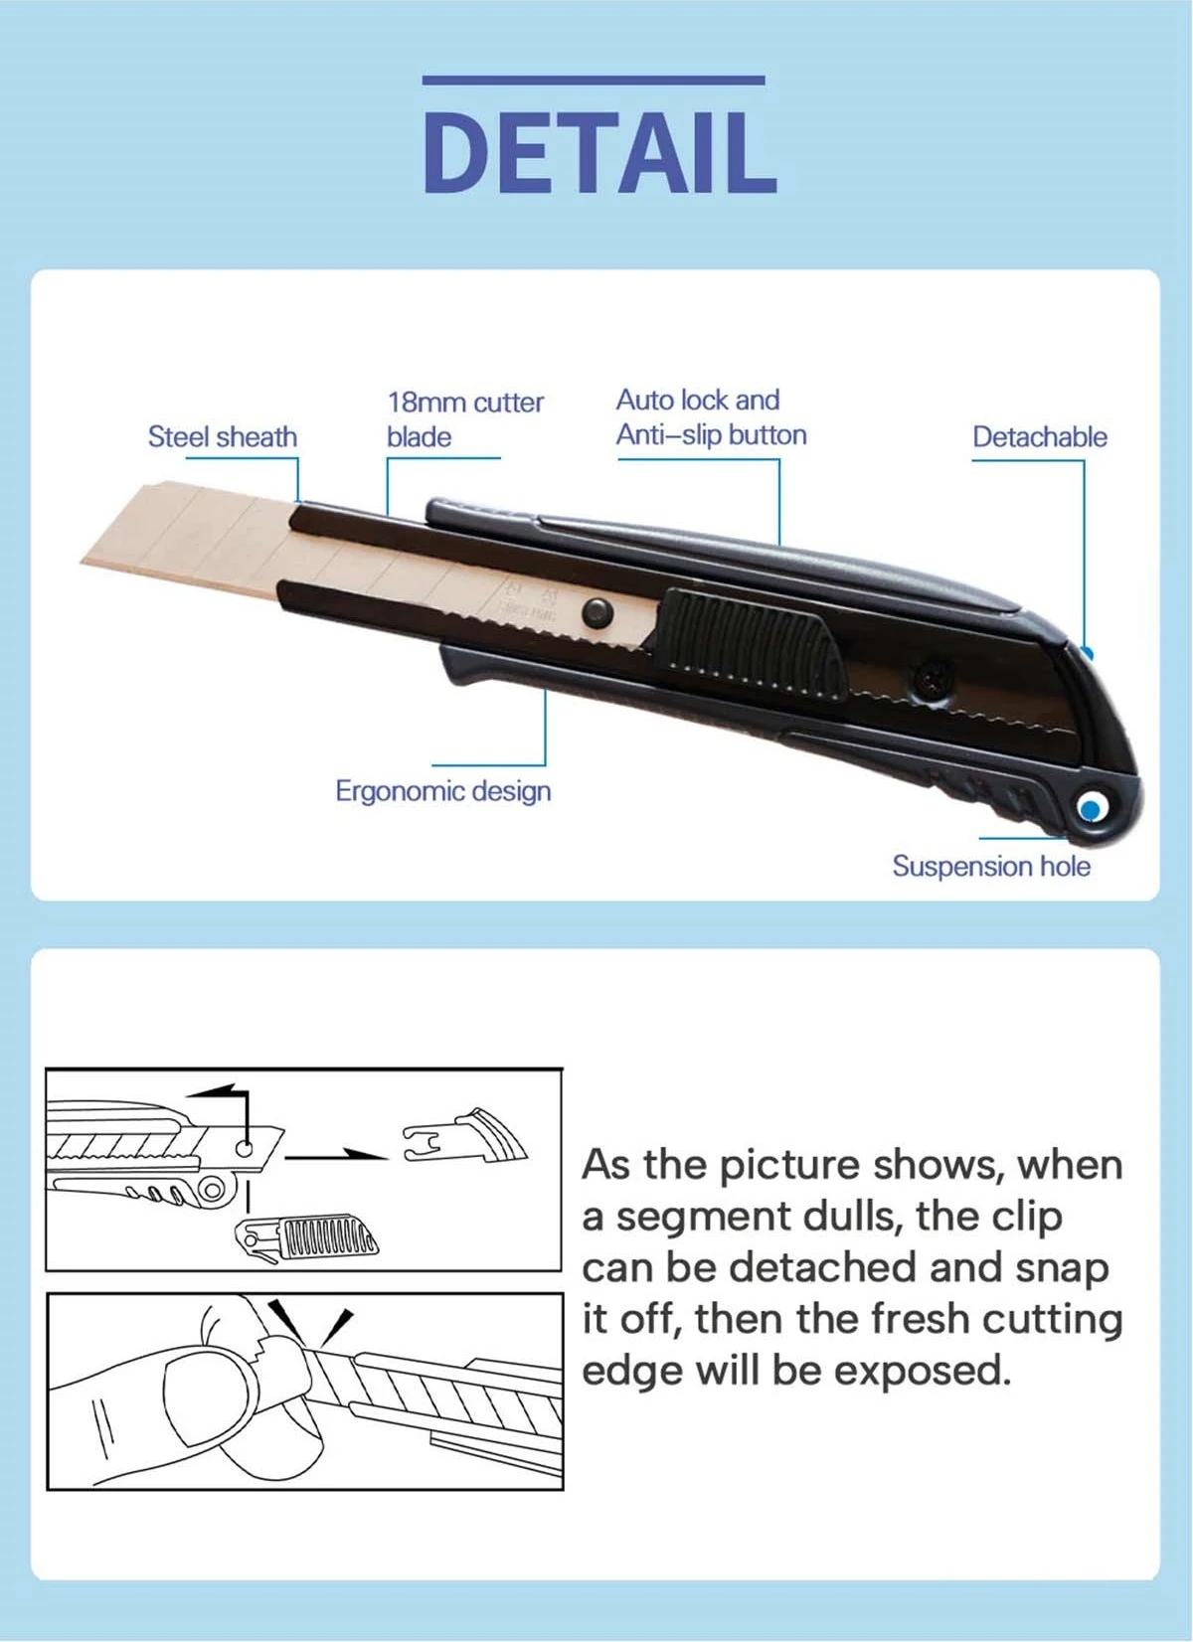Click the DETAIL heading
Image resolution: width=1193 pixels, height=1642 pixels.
pos(599,154)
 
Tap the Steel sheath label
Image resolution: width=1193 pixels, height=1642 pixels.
pos(223,437)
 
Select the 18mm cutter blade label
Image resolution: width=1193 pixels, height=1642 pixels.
pos(465,419)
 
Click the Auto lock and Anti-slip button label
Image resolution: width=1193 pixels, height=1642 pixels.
pos(711,417)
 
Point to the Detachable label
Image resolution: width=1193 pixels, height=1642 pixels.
pos(1040,437)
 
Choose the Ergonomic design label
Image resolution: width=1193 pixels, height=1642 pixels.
pos(443,791)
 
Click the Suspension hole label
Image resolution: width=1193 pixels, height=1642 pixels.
pos(991,866)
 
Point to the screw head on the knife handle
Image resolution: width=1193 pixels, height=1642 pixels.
pos(932,680)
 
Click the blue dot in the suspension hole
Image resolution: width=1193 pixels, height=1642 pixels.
pos(1091,809)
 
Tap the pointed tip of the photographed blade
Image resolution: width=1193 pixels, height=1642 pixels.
pos(81,562)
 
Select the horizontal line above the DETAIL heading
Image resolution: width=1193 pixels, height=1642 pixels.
pos(594,80)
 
